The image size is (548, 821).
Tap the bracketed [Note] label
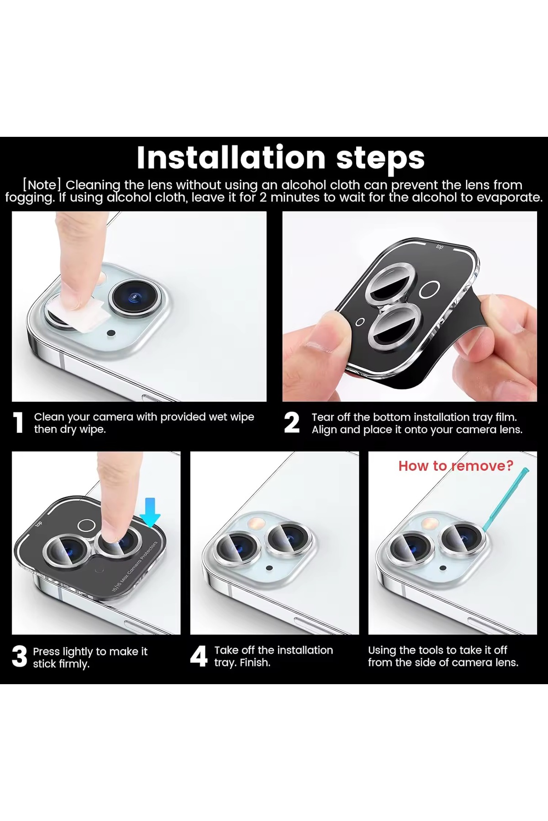pos(42,185)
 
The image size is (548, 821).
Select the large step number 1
pos(18,423)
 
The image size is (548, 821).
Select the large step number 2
pos(292,423)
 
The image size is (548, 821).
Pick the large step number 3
pos(20,657)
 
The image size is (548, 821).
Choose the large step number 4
pos(199,657)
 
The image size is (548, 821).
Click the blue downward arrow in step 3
pos(150,512)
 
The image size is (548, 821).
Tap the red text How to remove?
pos(456,466)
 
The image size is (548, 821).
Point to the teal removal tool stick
pos(505,500)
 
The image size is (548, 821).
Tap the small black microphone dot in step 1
pos(110,333)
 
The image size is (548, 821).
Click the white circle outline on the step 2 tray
pos(430,290)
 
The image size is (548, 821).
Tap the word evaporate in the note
pos(509,197)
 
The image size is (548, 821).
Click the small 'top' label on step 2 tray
pos(440,247)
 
